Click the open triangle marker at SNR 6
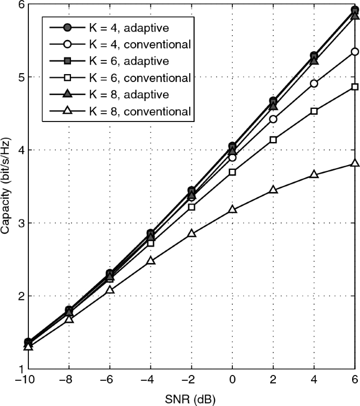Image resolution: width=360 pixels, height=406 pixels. (355, 164)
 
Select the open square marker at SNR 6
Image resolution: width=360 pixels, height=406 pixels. (355, 87)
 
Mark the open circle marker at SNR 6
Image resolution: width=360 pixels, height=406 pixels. (355, 52)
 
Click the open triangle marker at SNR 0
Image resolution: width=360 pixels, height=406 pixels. (232, 209)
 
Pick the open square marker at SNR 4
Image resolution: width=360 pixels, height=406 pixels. (314, 111)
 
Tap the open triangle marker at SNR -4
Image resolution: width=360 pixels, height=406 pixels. (151, 260)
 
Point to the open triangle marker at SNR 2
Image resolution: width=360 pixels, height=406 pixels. (273, 190)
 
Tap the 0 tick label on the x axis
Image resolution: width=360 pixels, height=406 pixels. (232, 380)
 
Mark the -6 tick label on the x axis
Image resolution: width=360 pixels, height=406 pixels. (108, 380)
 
